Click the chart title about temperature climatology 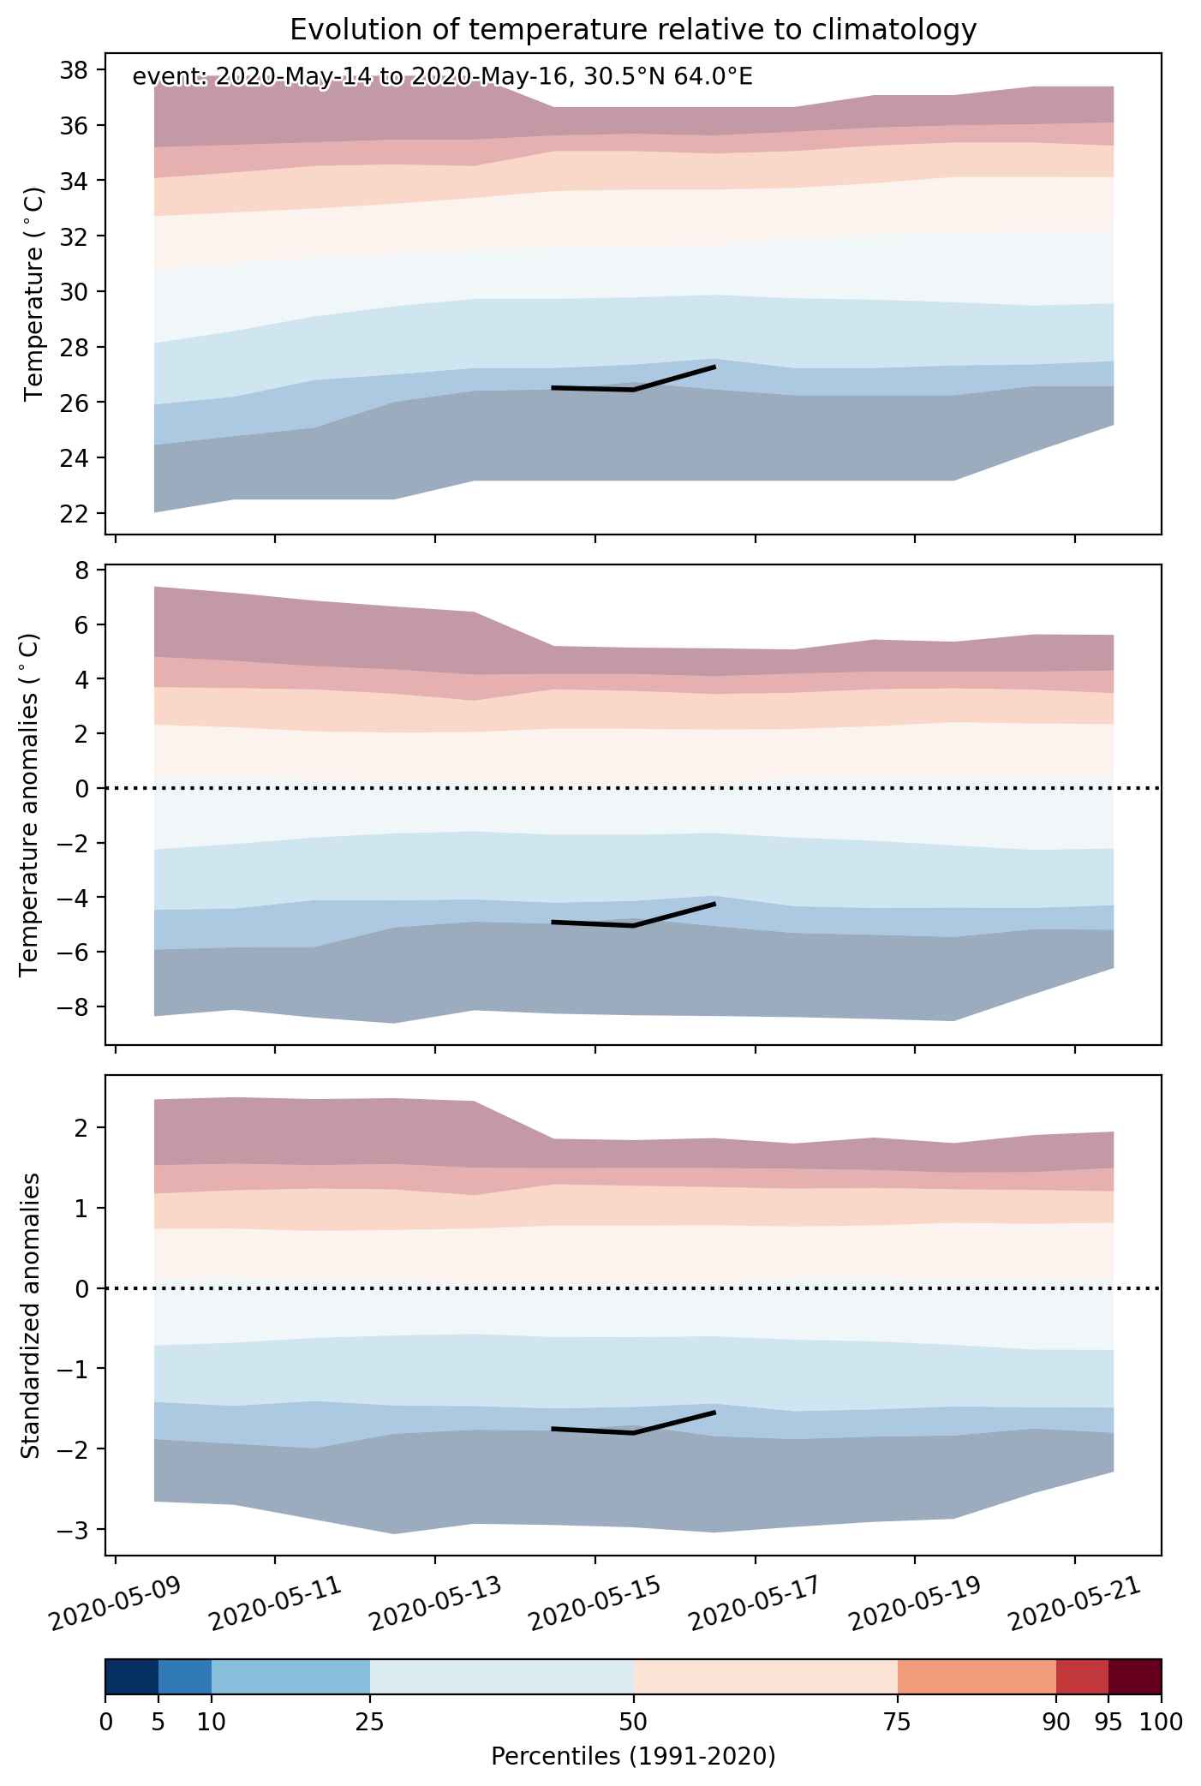tap(633, 30)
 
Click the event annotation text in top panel tap(443, 78)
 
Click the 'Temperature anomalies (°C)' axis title tap(30, 804)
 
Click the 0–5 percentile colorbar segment tap(132, 1676)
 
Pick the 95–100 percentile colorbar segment tap(1135, 1676)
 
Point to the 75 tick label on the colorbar tap(898, 1722)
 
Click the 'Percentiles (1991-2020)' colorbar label tap(633, 1757)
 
